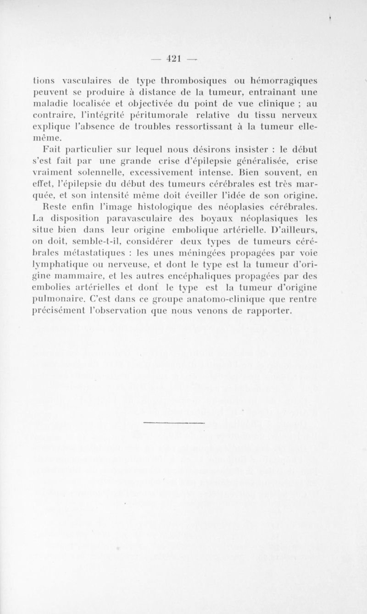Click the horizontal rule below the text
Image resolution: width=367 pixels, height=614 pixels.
point(174,421)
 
